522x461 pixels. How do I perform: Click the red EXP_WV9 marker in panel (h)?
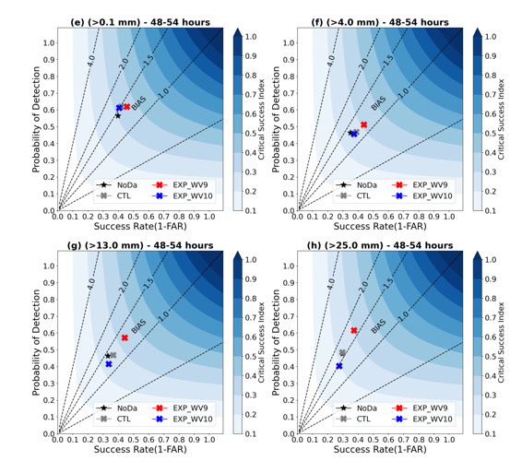click(x=354, y=330)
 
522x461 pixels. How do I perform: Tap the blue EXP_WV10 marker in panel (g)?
click(x=109, y=364)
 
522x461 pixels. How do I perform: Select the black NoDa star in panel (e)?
click(x=117, y=116)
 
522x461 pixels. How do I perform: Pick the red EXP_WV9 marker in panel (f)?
click(x=364, y=124)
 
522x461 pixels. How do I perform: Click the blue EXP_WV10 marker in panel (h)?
click(x=339, y=366)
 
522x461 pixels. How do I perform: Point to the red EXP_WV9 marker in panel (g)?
click(x=125, y=337)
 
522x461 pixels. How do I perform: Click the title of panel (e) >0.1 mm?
click(x=140, y=22)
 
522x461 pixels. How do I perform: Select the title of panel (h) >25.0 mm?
click(x=380, y=245)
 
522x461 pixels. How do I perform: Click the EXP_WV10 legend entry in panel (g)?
click(x=182, y=419)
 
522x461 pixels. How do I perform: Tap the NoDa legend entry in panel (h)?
click(x=356, y=408)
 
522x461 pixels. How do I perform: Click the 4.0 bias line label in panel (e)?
click(x=91, y=61)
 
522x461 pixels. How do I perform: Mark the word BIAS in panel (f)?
click(x=378, y=103)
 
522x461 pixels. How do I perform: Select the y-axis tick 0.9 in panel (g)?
click(x=49, y=282)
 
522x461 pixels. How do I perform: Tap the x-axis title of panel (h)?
click(x=380, y=449)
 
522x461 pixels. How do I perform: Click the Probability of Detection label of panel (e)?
click(x=36, y=120)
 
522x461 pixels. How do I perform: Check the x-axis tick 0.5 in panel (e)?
click(x=133, y=217)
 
